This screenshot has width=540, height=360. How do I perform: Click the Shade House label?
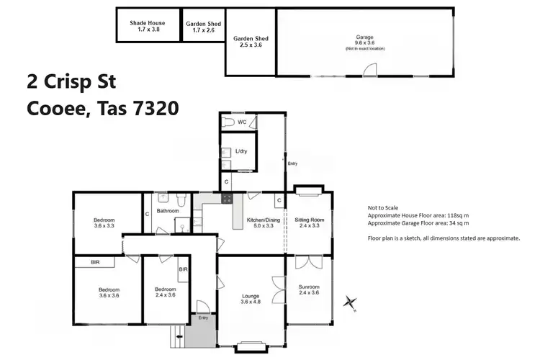[147, 27]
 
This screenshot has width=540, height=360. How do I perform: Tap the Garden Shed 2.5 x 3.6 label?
[251, 42]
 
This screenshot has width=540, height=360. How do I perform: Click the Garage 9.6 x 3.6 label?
[364, 41]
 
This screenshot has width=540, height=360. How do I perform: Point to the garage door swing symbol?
[370, 70]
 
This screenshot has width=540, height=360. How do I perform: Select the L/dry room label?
[243, 151]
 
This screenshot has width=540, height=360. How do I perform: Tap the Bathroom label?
[168, 211]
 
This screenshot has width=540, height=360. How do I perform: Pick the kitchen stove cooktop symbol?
[227, 199]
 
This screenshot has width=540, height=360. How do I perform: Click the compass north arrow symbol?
[351, 302]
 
